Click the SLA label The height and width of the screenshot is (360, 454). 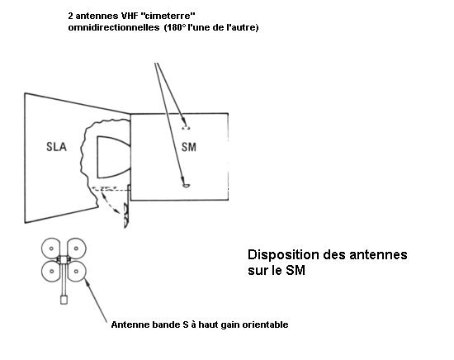[56, 147]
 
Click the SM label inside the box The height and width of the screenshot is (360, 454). [189, 147]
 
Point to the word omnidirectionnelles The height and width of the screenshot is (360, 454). [114, 28]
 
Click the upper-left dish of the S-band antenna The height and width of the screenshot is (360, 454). [50, 249]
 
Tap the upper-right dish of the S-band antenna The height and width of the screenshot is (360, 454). [77, 249]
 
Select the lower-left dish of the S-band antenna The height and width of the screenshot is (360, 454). [51, 272]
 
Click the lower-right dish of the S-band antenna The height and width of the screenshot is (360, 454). [77, 272]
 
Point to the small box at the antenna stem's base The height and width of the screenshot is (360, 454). [64, 300]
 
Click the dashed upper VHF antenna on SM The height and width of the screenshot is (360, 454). [186, 127]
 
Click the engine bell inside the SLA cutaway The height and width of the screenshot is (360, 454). [114, 157]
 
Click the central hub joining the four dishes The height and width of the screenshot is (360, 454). [64, 259]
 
